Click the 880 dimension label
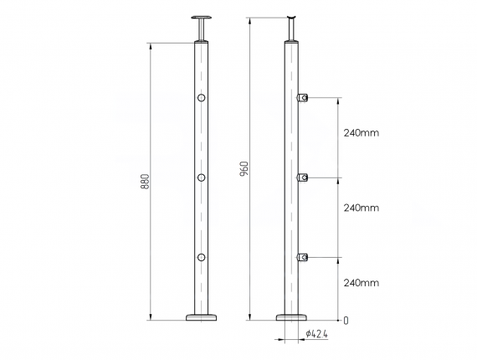tap(145, 181)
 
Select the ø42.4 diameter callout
tap(315, 334)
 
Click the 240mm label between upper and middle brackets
tap(362, 133)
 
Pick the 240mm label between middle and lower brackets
tap(362, 208)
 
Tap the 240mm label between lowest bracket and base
tap(362, 284)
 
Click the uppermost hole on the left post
tap(201, 100)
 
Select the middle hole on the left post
tap(201, 177)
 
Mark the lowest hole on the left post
tap(201, 256)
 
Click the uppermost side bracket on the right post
tap(305, 99)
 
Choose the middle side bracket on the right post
tap(305, 177)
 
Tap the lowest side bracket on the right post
tap(305, 256)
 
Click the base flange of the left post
tap(201, 316)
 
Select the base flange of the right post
tap(292, 316)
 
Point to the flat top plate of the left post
tap(201, 18)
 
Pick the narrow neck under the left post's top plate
tap(201, 31)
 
